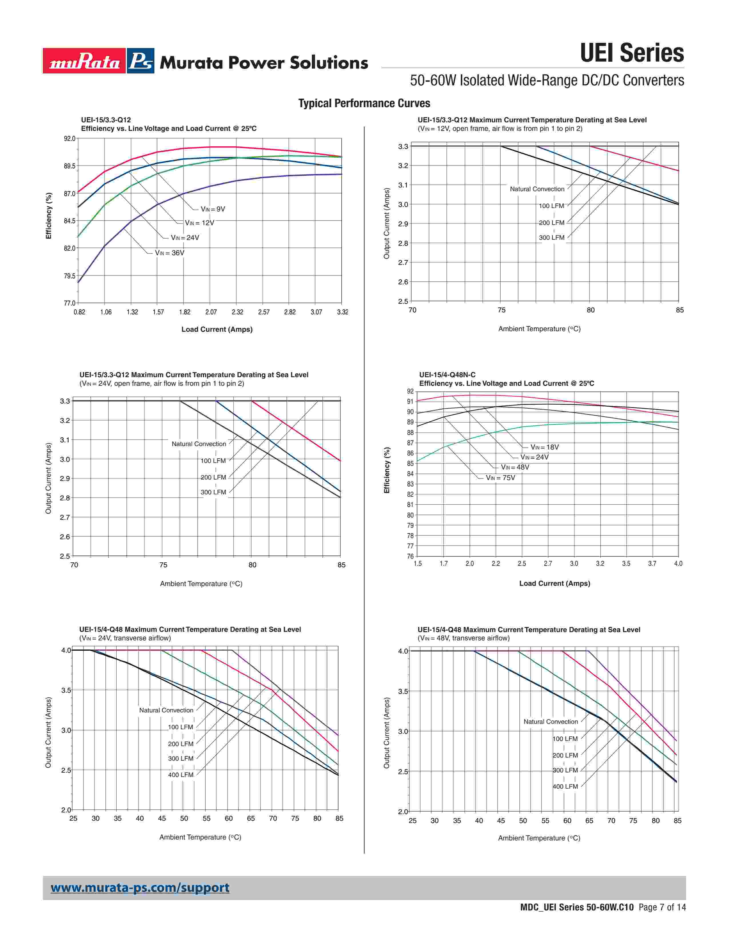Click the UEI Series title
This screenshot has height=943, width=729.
pos(632,53)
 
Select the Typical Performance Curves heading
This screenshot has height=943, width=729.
pos(364,103)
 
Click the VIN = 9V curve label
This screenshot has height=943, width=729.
pos(213,209)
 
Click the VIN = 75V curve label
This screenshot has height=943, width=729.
pos(501,478)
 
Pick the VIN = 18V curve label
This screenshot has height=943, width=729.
pos(545,447)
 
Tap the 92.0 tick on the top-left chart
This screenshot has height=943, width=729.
pos(69,139)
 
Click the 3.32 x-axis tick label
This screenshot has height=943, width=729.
pos(342,312)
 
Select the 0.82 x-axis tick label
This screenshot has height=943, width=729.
pos(79,312)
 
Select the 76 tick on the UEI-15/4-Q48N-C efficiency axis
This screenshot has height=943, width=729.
pos(410,556)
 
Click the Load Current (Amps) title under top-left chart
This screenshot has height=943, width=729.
pos(217,329)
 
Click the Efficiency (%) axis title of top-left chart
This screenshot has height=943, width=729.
pos(49,215)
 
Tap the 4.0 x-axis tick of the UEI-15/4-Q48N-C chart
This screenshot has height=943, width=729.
pos(678,564)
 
